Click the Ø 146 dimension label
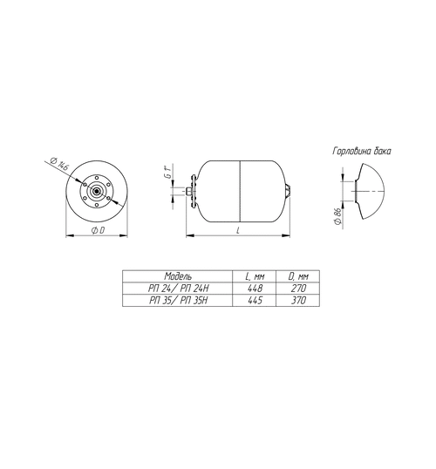[x=59, y=163]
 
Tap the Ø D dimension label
[x=98, y=230]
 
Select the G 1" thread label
[x=169, y=172]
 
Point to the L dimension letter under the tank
[x=238, y=230]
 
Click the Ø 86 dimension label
[x=337, y=216]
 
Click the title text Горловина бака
[x=362, y=151]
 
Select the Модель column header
[x=178, y=276]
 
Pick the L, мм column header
[x=255, y=276]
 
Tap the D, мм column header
[x=298, y=276]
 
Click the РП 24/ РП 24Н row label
[x=179, y=288]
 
